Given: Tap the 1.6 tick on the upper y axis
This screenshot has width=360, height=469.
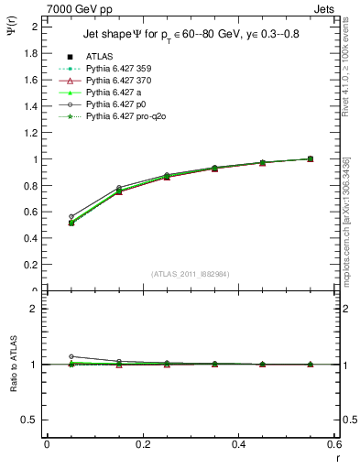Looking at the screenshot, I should click(35, 80).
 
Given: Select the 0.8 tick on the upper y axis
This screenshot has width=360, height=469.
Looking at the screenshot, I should click(35, 186).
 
